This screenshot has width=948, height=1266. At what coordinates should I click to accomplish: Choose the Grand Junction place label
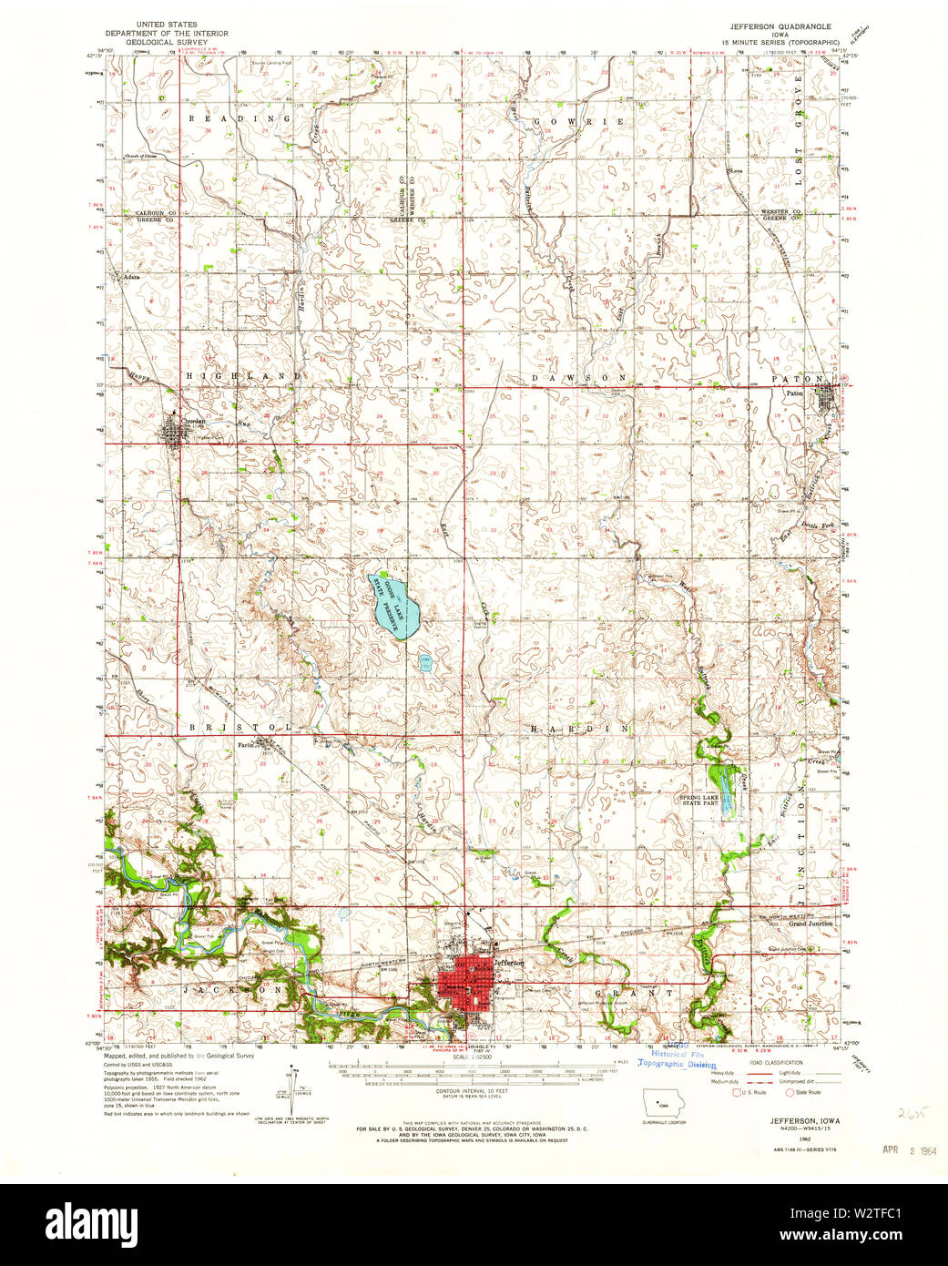click(x=810, y=924)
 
